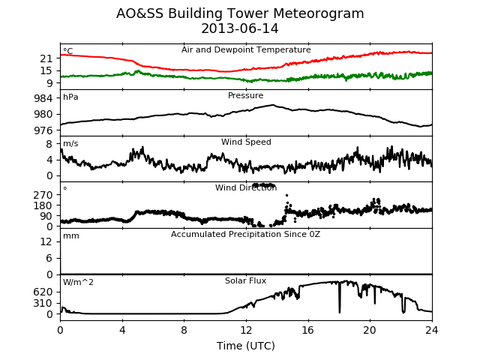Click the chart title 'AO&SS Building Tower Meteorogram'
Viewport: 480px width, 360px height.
(240, 13)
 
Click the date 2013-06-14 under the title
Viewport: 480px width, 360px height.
(240, 28)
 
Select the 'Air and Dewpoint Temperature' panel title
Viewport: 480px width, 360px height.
(246, 50)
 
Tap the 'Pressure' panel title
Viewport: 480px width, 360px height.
(245, 95)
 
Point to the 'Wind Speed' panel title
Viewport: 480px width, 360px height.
(246, 142)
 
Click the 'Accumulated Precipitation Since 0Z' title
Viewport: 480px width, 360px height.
(245, 235)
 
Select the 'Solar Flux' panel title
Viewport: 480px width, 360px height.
(245, 280)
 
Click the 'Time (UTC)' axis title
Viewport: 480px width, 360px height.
(246, 346)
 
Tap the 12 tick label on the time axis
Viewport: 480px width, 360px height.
(246, 330)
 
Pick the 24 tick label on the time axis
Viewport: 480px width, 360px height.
(432, 330)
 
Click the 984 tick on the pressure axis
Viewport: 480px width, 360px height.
(43, 98)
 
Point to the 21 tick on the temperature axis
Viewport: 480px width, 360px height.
(46, 58)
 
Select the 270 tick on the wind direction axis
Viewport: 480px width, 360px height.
(43, 195)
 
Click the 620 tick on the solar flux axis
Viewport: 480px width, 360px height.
(43, 292)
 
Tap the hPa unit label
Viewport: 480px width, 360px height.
(70, 97)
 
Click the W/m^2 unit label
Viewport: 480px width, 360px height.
(78, 282)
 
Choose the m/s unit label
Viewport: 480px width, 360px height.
(70, 143)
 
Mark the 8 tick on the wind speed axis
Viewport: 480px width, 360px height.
(49, 144)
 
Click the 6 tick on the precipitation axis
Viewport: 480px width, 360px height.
(49, 258)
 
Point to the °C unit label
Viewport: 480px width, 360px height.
(68, 51)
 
